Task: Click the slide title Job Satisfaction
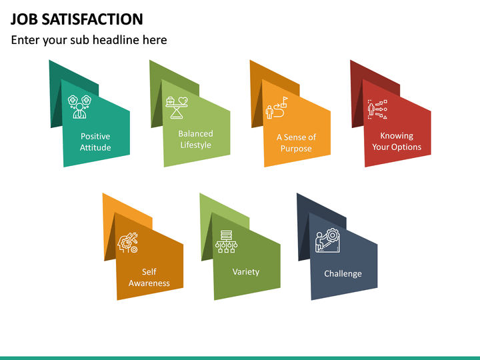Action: (77, 19)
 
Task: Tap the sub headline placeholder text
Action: (89, 40)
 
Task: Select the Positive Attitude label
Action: (95, 142)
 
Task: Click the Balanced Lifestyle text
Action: (195, 139)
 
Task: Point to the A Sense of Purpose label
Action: (296, 143)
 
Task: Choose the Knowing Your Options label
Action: (397, 141)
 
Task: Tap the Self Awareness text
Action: (149, 277)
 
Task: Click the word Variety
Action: (246, 272)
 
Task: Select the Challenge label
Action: (343, 274)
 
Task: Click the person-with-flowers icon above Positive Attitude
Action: (80, 107)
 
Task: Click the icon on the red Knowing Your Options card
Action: (377, 109)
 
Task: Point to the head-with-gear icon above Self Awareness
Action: (128, 243)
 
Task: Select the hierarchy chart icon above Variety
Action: (226, 243)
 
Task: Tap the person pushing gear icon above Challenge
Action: (327, 241)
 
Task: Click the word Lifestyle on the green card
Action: (195, 145)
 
